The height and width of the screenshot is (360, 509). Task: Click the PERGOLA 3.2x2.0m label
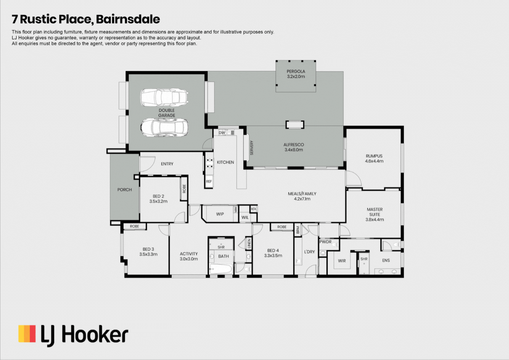click(296, 74)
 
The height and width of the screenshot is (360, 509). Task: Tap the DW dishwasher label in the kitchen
click(222, 133)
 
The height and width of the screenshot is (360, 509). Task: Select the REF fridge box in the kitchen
click(209, 181)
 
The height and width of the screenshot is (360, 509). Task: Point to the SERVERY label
click(251, 148)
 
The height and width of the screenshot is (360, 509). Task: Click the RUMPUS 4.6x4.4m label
click(374, 159)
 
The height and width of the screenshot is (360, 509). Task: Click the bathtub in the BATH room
click(221, 269)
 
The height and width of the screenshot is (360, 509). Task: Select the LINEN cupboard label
click(249, 244)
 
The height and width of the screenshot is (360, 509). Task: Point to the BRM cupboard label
click(298, 230)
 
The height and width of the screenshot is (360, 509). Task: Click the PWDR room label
click(325, 242)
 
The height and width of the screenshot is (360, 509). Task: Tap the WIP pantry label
click(220, 214)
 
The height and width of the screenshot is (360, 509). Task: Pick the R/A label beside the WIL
click(254, 209)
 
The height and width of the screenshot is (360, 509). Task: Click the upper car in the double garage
click(164, 98)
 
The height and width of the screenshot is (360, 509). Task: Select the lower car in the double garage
click(164, 127)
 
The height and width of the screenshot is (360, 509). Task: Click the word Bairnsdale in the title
click(128, 19)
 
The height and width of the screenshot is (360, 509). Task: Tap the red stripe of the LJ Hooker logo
click(33, 334)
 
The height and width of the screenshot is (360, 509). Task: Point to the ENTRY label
click(167, 164)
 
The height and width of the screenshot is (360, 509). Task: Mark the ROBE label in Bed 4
click(282, 227)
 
